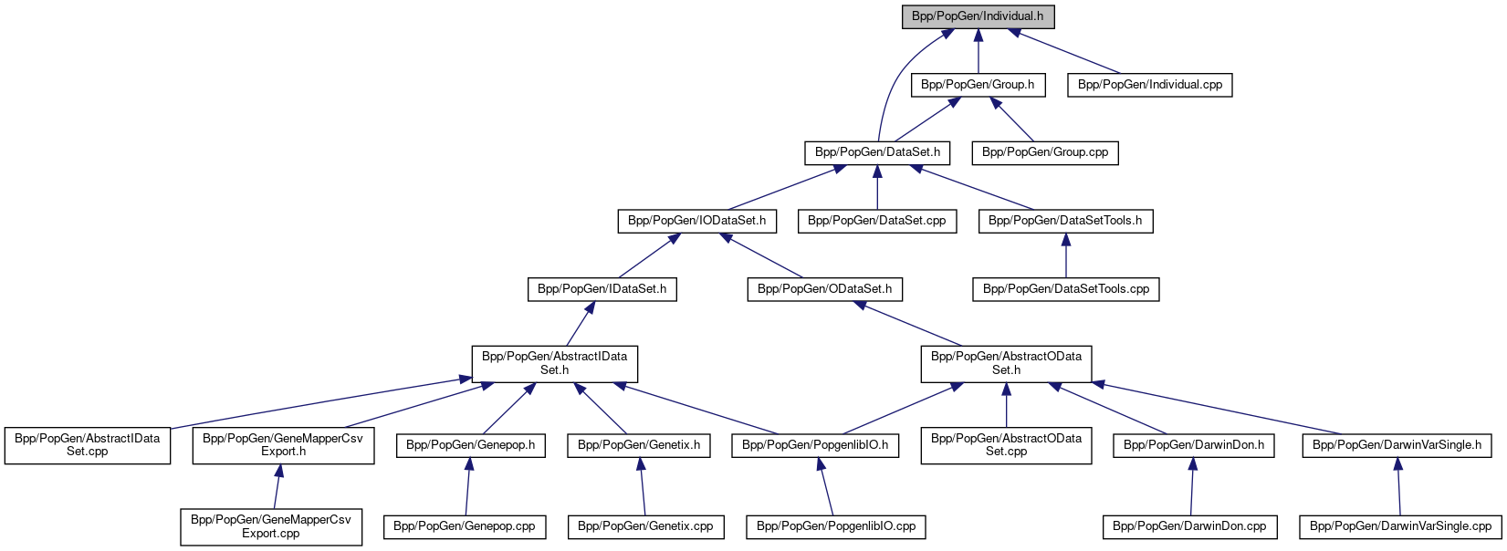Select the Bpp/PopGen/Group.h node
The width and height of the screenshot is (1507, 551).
click(978, 85)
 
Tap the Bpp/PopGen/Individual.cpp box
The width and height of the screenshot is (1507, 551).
click(1150, 85)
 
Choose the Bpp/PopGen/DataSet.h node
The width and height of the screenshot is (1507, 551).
click(877, 152)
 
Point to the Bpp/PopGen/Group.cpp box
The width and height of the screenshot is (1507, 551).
click(1045, 152)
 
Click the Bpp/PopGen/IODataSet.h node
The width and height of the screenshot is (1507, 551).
click(697, 221)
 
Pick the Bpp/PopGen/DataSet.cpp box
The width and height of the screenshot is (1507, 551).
click(877, 221)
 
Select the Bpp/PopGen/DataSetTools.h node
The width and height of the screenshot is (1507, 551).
click(1065, 221)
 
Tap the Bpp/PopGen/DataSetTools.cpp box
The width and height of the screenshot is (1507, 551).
click(1065, 289)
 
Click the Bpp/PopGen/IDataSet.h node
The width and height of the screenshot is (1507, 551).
click(602, 289)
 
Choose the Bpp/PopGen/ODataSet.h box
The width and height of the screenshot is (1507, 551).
click(824, 289)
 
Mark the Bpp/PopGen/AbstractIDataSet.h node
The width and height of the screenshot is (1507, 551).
click(554, 363)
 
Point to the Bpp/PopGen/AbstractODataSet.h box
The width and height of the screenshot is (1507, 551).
click(1006, 363)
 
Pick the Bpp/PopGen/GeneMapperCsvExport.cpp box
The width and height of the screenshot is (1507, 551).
click(270, 526)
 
